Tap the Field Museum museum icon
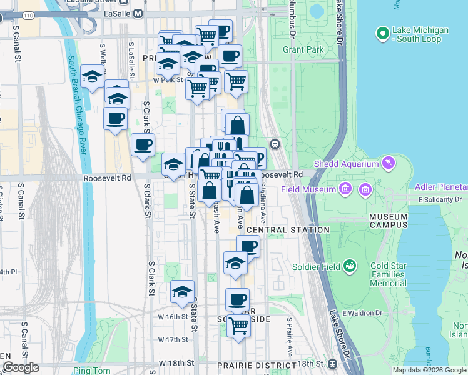[x=344, y=189]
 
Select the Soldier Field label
[x=316, y=267]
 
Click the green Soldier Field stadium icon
[x=350, y=266]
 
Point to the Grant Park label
[x=303, y=49]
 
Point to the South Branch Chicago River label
[x=78, y=106]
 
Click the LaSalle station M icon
[x=138, y=13]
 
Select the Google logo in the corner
[x=21, y=367]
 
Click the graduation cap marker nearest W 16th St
[x=182, y=292]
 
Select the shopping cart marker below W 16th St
[x=238, y=324]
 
